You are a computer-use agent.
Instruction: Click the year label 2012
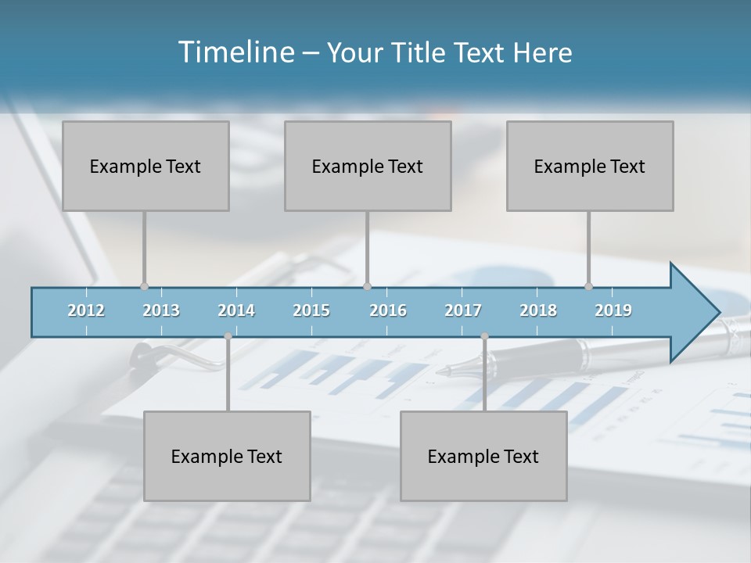[x=86, y=310]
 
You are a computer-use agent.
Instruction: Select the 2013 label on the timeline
[x=161, y=310]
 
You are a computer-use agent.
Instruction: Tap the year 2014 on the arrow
[x=236, y=310]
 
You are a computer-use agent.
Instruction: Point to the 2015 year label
[x=311, y=310]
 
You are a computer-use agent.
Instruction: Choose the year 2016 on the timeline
[x=388, y=310]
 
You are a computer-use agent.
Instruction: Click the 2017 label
[x=463, y=310]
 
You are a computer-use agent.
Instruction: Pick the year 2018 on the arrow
[x=538, y=310]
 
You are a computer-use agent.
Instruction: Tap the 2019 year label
[x=613, y=310]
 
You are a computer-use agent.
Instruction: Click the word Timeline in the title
[x=235, y=52]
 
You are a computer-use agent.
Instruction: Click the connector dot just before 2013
[x=144, y=286]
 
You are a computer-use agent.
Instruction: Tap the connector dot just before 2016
[x=367, y=286]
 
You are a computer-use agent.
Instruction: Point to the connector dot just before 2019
[x=588, y=286]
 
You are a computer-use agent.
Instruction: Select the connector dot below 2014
[x=228, y=336]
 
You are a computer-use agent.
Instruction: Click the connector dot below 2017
[x=484, y=336]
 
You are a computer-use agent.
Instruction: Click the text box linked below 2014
[x=227, y=456]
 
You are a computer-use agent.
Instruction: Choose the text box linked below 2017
[x=483, y=456]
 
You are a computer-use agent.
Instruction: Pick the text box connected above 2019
[x=590, y=166]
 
